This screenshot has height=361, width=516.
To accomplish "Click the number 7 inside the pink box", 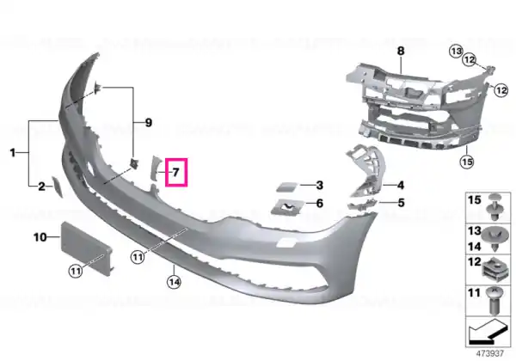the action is click(x=175, y=172).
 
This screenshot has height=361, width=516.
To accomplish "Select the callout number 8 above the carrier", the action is click(x=401, y=51).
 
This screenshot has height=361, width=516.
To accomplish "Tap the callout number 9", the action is click(x=149, y=123).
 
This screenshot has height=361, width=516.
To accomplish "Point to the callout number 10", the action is click(x=40, y=236).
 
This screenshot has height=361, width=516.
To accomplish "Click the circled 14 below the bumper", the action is click(x=174, y=282).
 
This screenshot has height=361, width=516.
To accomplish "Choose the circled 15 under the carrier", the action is click(x=467, y=162).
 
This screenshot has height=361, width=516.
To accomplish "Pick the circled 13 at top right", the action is click(x=457, y=52).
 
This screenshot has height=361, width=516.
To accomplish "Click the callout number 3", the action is click(x=320, y=185).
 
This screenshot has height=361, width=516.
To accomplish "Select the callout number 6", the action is click(x=320, y=203).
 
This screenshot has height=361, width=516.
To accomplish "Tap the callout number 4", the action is click(x=401, y=186).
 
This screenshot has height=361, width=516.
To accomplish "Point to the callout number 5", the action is click(x=401, y=203).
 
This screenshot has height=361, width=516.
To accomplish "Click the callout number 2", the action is click(x=41, y=187).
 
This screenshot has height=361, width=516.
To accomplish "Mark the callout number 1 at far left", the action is click(x=13, y=152).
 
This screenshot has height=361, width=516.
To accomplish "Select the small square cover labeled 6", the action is click(x=286, y=207).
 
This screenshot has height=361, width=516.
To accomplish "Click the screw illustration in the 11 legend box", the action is click(x=494, y=301).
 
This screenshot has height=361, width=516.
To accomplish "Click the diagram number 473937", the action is click(x=490, y=353).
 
